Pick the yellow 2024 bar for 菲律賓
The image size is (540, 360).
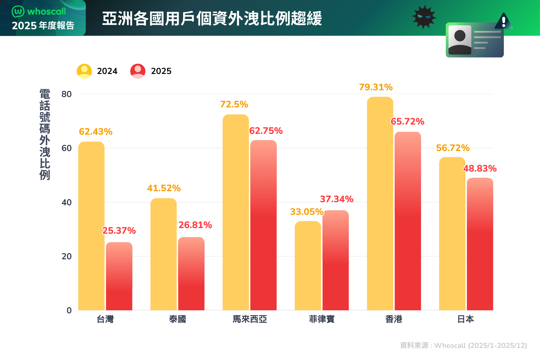tap(308, 266)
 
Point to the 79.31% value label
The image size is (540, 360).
tap(376, 87)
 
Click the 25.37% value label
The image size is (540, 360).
tap(119, 231)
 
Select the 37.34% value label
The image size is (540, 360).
tap(337, 199)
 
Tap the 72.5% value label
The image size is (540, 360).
tap(234, 104)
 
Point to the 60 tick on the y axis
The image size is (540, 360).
tap(67, 148)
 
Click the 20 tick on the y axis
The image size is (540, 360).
tap(67, 256)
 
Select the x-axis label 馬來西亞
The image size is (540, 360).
tap(250, 319)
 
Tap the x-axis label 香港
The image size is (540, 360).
tap(394, 319)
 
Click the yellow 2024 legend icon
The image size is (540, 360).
tap(84, 71)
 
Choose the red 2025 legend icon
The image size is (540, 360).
tap(138, 71)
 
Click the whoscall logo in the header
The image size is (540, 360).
tap(39, 12)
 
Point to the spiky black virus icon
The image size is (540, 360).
tap(424, 17)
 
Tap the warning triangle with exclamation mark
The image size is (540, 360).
tap(503, 21)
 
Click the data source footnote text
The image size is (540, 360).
tap(463, 345)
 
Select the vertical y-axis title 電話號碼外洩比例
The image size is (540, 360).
tap(45, 134)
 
